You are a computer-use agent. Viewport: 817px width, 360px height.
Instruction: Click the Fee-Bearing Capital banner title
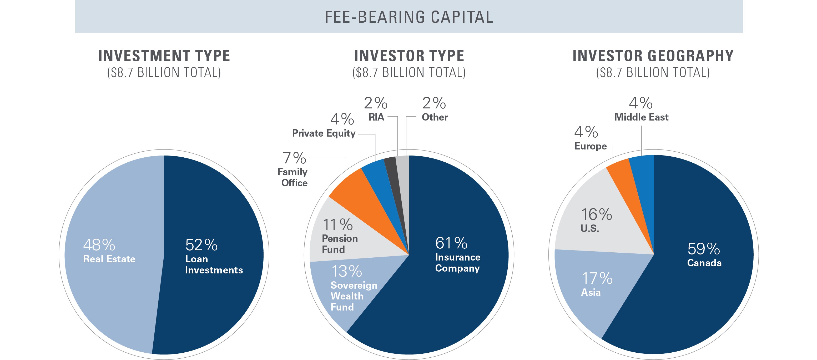tap(408, 17)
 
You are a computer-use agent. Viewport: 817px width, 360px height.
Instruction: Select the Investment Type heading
tap(164, 56)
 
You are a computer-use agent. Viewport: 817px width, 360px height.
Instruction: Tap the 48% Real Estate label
tap(109, 251)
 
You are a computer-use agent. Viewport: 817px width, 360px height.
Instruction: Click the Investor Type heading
tap(409, 56)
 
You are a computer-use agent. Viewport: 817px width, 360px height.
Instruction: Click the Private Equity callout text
tap(324, 133)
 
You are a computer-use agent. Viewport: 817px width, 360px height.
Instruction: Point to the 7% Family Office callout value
tap(294, 158)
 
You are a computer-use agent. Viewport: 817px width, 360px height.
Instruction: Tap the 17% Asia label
tap(596, 284)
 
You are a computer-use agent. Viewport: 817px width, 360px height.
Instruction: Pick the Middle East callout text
tap(641, 117)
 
